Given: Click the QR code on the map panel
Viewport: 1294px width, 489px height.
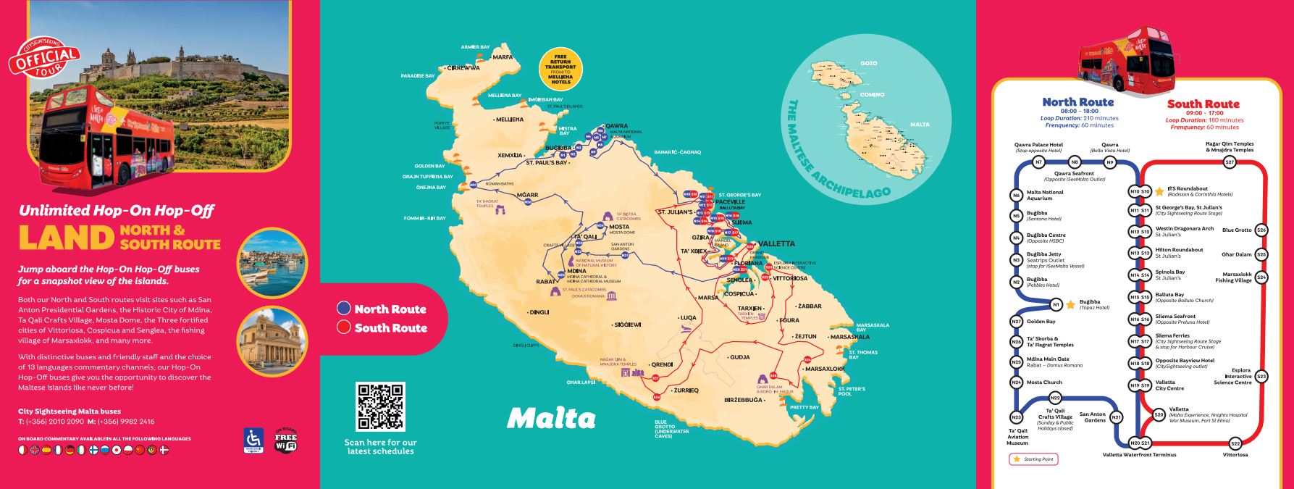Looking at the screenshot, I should click(x=380, y=407).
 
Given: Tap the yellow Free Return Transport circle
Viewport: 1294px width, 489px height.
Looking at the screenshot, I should click(x=560, y=70).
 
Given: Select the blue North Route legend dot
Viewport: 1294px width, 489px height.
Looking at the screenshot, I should click(x=344, y=309).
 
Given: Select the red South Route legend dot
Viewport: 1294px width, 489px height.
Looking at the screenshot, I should click(x=344, y=327).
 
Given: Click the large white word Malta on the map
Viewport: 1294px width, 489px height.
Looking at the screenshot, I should click(x=551, y=418).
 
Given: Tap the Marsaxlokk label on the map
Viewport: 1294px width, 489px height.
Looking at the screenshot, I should click(x=825, y=369).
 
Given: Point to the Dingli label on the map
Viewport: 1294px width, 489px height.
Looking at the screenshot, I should click(x=539, y=312).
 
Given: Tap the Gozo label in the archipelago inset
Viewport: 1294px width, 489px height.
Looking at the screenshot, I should click(x=869, y=64).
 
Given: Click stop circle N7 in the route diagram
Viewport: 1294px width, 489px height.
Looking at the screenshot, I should click(x=1038, y=162).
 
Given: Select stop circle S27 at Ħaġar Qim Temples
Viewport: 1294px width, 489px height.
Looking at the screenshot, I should click(x=1229, y=163).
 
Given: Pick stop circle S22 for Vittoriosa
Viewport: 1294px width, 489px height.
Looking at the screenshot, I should click(x=1235, y=443).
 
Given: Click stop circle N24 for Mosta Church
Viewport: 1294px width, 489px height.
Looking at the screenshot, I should click(x=1017, y=383).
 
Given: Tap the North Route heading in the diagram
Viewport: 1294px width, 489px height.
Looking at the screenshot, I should click(x=1077, y=102).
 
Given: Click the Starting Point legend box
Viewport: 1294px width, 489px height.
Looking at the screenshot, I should click(x=1033, y=459).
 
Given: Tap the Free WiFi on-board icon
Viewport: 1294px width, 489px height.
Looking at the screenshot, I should click(x=285, y=441).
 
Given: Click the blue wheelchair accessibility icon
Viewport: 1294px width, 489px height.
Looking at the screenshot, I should click(x=253, y=440).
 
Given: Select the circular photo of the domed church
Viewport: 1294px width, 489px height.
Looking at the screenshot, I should click(x=272, y=341).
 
